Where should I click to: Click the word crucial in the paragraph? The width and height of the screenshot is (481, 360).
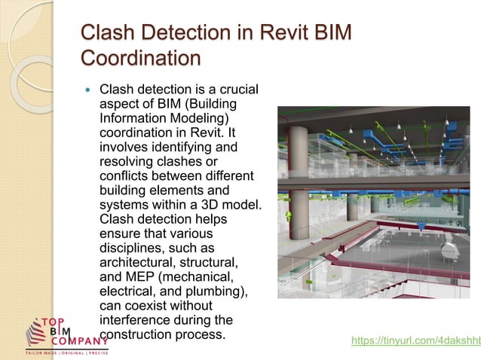(x=232, y=90)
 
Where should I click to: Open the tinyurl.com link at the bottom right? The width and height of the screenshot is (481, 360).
(x=415, y=340)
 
